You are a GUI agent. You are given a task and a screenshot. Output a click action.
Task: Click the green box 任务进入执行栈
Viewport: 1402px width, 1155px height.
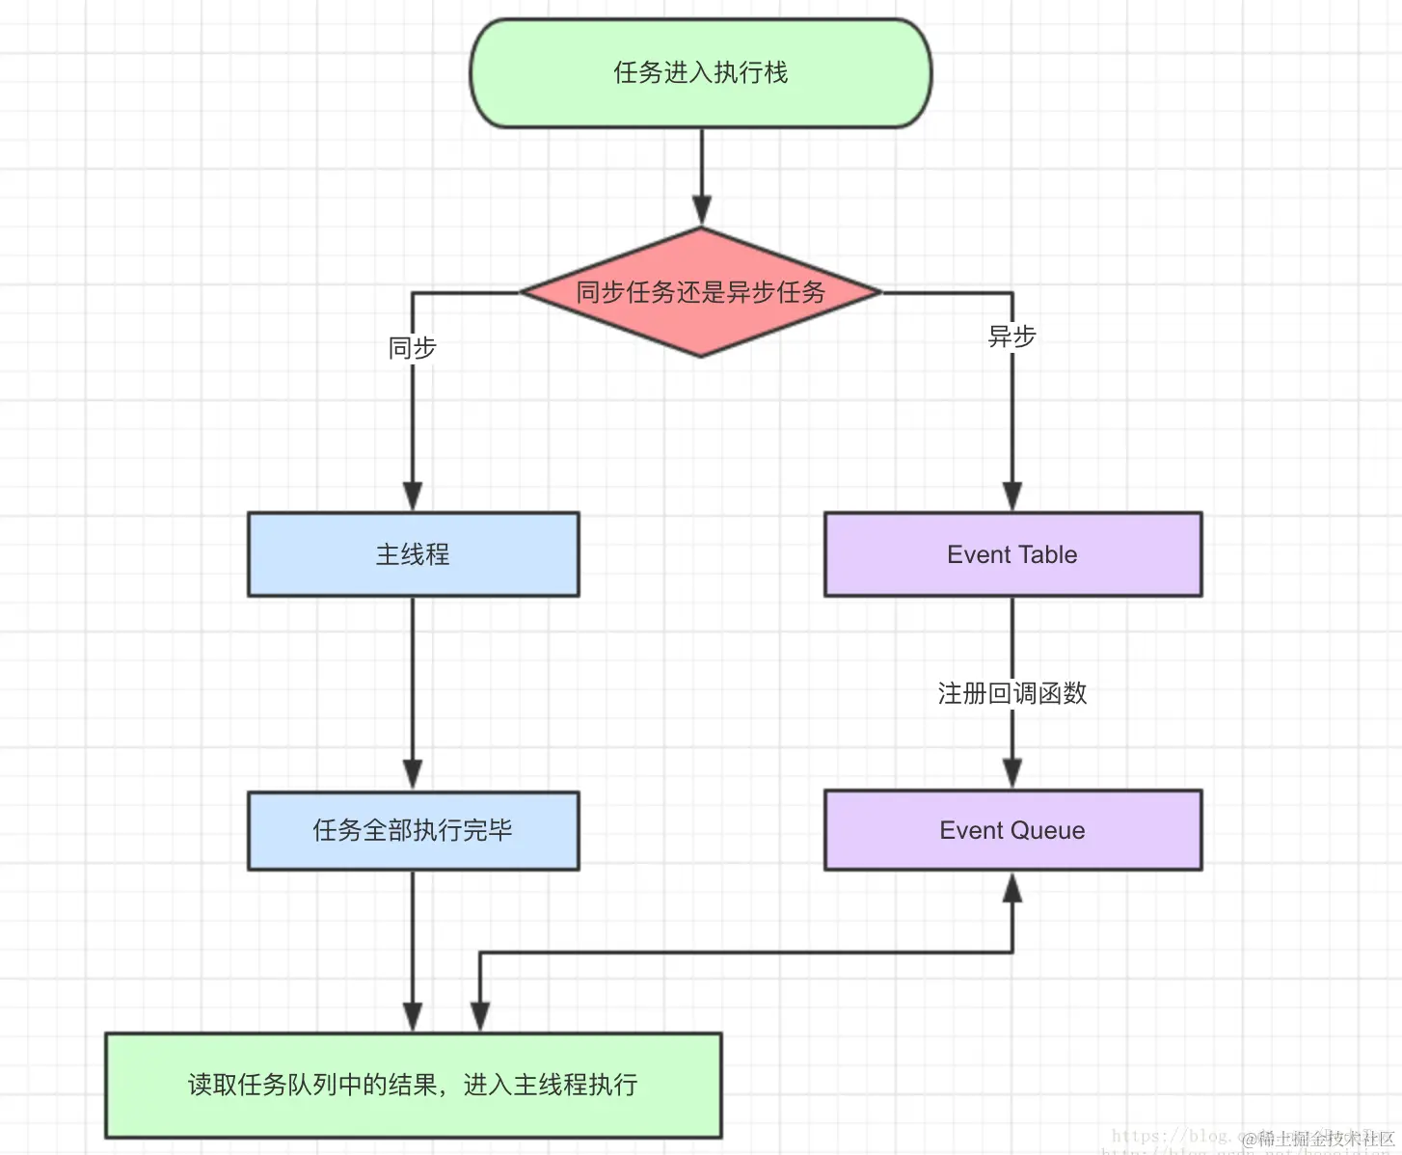701,73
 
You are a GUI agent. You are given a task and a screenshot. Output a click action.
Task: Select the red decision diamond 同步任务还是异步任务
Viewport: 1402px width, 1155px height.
701,292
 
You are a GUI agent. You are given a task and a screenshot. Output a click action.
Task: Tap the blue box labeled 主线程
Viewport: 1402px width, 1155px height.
413,554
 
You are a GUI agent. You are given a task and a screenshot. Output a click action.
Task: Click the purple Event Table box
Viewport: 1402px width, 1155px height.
1012,554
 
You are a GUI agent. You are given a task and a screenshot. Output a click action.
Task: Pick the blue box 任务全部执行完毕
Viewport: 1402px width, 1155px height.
413,830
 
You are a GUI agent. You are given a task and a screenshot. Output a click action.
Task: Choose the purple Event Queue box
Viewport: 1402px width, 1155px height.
1012,830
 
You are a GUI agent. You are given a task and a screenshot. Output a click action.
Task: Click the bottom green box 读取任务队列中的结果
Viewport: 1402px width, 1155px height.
413,1085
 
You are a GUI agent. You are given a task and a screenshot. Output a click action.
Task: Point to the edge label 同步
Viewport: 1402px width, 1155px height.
413,347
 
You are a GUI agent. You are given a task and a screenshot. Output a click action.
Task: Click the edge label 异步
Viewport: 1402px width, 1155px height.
1012,336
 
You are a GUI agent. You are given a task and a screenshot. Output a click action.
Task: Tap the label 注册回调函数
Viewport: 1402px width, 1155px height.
1012,693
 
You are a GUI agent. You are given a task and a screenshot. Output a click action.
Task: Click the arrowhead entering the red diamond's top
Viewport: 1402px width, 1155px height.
702,210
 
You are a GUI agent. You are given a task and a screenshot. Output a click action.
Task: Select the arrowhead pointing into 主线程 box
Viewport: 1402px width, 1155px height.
413,496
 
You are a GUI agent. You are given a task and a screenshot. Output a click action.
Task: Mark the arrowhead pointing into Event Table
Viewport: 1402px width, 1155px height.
1012,496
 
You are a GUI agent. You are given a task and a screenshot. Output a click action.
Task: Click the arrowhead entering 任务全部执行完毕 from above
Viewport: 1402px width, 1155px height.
413,774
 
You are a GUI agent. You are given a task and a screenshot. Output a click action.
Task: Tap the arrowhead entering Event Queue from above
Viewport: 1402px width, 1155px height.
1012,773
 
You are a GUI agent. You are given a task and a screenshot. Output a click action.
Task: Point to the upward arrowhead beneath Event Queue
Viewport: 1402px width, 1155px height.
1012,888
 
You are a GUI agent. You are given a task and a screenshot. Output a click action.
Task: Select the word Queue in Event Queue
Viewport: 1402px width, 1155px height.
1052,830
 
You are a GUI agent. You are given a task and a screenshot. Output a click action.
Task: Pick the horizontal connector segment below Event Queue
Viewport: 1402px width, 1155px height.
746,953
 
